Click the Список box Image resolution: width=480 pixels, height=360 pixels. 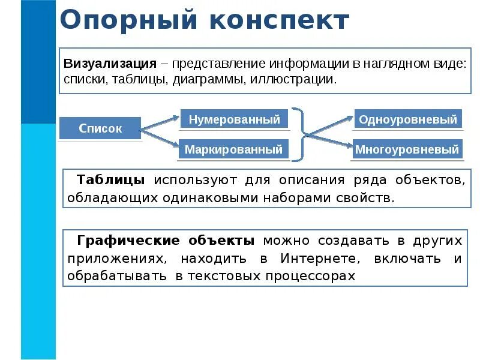(x=100, y=128)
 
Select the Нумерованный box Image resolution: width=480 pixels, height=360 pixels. (x=234, y=119)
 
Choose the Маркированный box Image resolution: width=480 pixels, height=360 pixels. (x=233, y=149)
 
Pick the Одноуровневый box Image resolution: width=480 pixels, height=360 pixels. (x=408, y=119)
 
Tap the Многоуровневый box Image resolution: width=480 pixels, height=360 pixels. (x=407, y=149)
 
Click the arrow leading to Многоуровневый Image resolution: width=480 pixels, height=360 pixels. (x=330, y=142)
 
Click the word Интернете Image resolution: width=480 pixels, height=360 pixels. (x=316, y=259)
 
